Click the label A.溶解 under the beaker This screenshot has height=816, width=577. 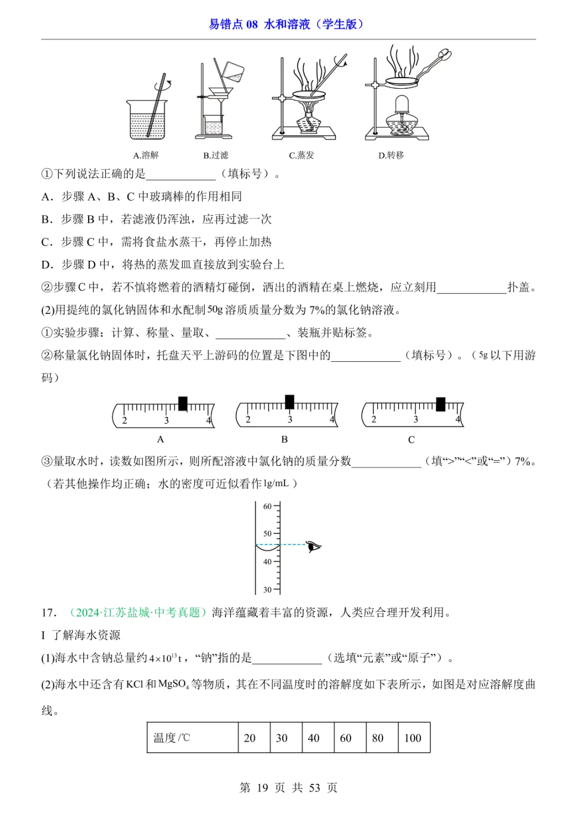[x=146, y=156]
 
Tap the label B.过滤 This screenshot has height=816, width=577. [x=215, y=156]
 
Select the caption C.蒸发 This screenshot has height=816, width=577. [x=301, y=156]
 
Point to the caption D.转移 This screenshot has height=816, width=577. [x=391, y=156]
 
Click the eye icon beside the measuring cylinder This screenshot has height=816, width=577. [x=314, y=546]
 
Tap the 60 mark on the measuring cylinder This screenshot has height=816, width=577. [x=267, y=506]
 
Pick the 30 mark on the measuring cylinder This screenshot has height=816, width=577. [x=267, y=589]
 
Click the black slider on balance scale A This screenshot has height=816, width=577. [x=183, y=403]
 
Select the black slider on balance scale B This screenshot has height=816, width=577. [x=290, y=402]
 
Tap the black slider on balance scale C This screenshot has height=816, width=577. [x=441, y=404]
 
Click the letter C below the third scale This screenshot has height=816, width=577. [x=411, y=440]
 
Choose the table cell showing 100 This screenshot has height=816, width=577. [x=413, y=738]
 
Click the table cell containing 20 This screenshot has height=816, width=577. [x=249, y=738]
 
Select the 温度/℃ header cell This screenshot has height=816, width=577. [x=172, y=738]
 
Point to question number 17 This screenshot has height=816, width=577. [x=49, y=612]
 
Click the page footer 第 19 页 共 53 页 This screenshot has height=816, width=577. [x=288, y=788]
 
